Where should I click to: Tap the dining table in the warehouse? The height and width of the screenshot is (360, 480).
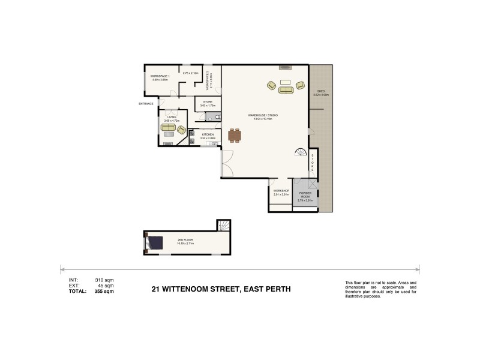(234, 136)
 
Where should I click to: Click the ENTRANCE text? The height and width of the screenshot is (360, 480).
(146, 104)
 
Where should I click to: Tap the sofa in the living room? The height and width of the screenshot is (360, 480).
(169, 128)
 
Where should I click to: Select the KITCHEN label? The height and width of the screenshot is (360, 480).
(200, 134)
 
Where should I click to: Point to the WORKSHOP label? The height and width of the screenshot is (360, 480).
(281, 191)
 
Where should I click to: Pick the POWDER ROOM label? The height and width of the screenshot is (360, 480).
(305, 194)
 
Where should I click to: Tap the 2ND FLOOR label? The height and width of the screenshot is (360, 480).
(185, 239)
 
